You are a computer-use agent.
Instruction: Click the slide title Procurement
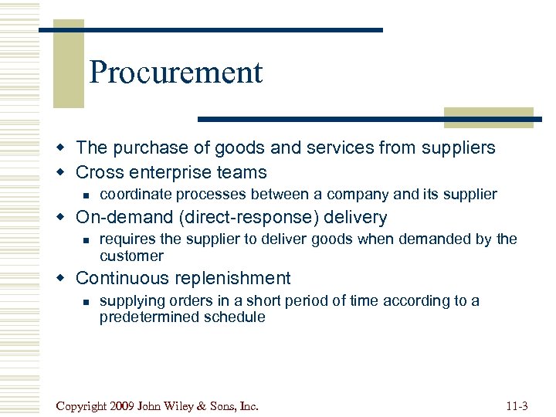click(x=176, y=73)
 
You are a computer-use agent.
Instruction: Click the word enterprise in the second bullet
click(x=175, y=172)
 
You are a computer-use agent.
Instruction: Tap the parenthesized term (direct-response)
click(x=242, y=218)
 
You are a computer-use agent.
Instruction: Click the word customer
click(x=131, y=256)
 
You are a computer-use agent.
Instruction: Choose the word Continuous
click(x=122, y=278)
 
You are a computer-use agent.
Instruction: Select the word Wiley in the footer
click(x=175, y=405)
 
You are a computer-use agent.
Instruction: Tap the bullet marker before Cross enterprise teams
click(x=65, y=173)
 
